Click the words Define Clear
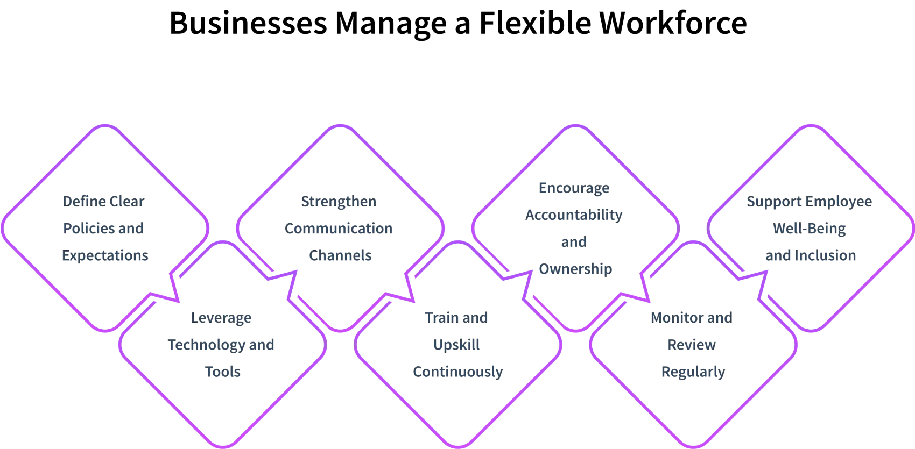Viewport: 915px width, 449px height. [x=103, y=202]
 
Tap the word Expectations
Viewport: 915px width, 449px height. [x=105, y=255]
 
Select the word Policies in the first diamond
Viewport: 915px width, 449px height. [x=87, y=229]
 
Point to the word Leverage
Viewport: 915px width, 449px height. [x=222, y=318]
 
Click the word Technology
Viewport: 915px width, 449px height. [x=207, y=345]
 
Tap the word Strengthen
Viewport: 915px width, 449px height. [x=339, y=202]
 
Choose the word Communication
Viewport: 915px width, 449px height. [x=340, y=229]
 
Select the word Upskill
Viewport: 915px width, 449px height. [x=457, y=345]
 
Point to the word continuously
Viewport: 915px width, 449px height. [x=458, y=371]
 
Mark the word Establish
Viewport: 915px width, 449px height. [x=574, y=188]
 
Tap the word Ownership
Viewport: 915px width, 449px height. [x=575, y=268]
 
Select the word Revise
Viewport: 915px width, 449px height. [x=693, y=345]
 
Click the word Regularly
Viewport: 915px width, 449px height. [x=693, y=371]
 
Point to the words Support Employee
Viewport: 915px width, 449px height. [x=810, y=202]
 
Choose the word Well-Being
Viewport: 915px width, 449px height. [x=810, y=229]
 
